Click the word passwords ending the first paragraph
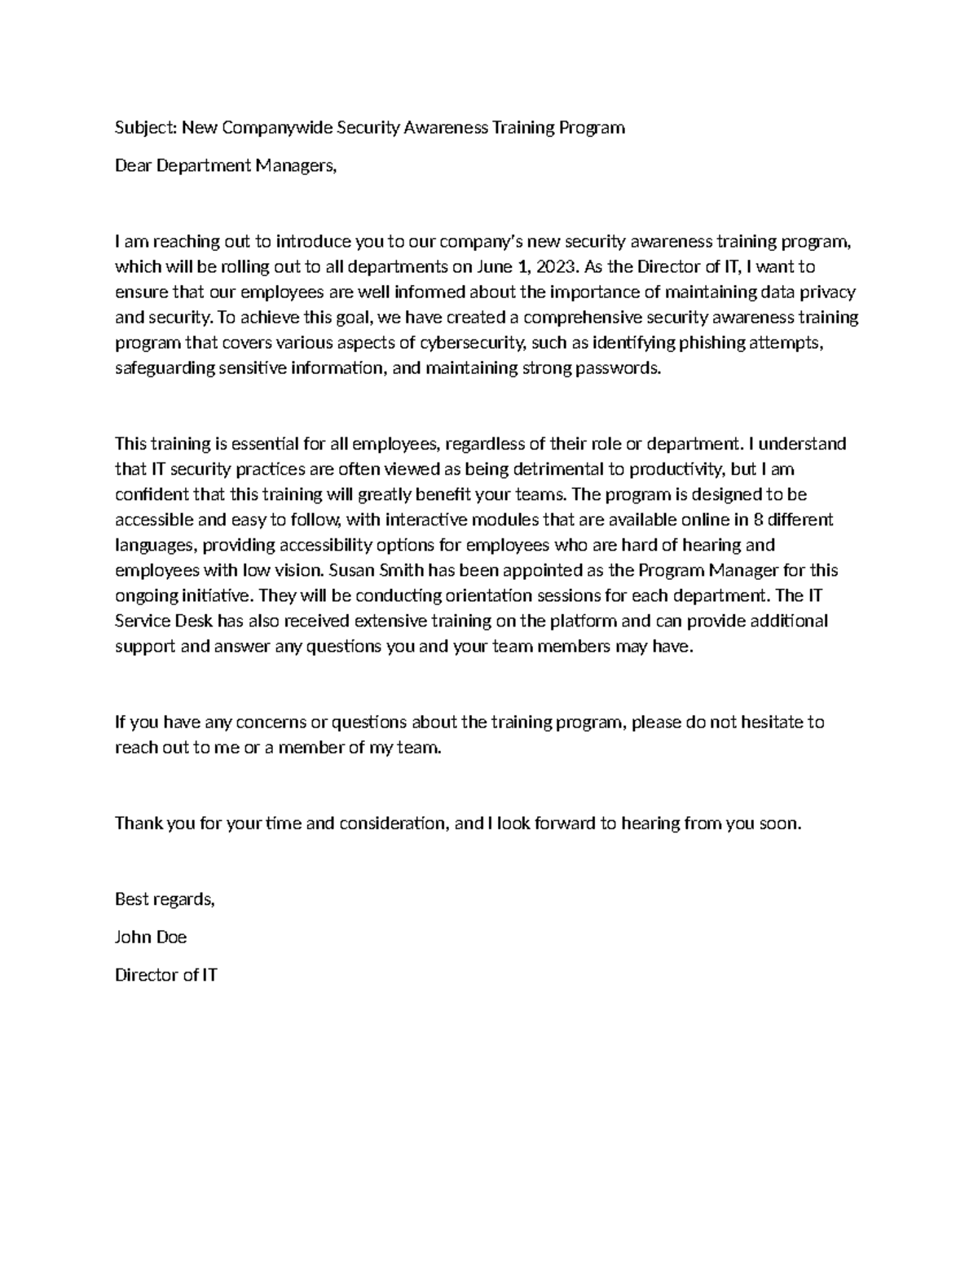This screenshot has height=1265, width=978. (x=619, y=368)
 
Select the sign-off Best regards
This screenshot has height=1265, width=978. (x=165, y=899)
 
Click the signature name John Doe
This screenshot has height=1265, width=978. (x=151, y=937)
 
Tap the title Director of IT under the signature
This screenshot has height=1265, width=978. (x=166, y=975)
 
